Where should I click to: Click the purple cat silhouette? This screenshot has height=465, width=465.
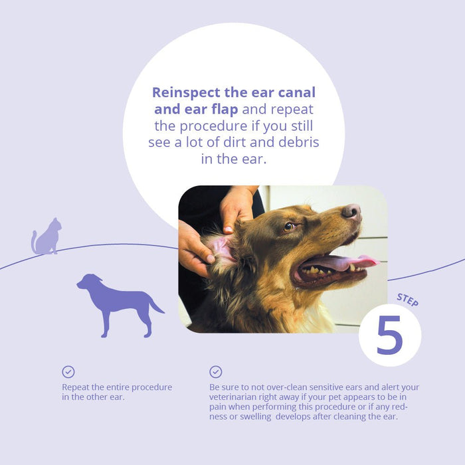point(47,238)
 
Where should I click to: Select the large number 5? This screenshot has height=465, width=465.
point(389,335)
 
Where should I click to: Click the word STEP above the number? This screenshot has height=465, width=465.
point(407,299)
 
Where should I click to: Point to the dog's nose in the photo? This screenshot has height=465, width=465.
point(351,212)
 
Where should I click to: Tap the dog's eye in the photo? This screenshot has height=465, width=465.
point(289,227)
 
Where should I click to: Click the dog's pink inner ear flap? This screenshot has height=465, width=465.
point(221,248)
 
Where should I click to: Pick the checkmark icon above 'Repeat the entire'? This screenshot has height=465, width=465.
point(68,372)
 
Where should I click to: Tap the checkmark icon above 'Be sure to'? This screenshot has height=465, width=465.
point(216,372)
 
